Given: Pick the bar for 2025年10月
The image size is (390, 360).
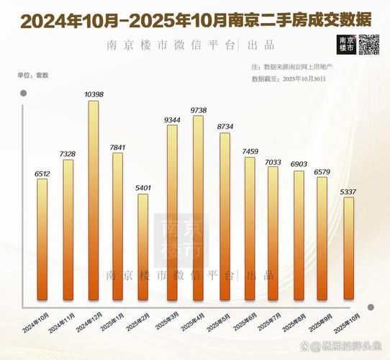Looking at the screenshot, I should [348, 248].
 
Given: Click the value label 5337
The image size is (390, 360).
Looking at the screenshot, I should [349, 192].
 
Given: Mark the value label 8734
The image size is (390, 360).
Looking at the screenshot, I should [225, 127].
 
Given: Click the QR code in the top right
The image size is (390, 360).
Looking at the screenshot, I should [370, 45].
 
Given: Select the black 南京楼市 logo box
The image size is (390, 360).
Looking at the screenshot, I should [345, 45].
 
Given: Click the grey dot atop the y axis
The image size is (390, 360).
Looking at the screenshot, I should [23, 93].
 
